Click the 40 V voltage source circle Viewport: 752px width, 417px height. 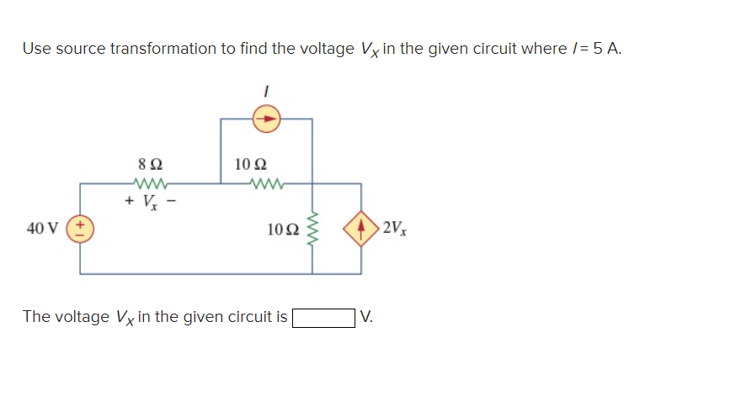click(x=81, y=229)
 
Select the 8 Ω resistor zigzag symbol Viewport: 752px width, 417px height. click(x=152, y=183)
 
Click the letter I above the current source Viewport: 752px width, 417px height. click(x=267, y=87)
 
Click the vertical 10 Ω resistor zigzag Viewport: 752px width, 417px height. click(x=313, y=229)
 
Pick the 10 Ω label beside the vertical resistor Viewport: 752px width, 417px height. click(x=281, y=229)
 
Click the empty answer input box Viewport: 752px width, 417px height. click(x=323, y=317)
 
